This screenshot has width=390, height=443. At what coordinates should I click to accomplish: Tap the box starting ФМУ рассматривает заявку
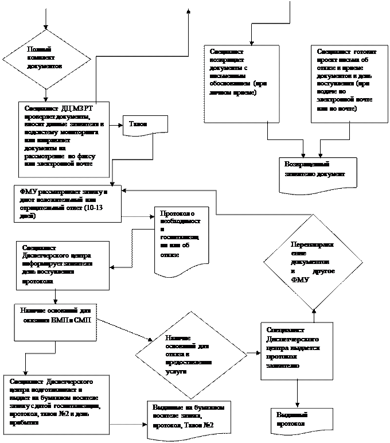68,203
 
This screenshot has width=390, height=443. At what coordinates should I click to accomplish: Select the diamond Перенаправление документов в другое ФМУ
313,261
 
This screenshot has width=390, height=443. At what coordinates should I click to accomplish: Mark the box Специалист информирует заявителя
63,265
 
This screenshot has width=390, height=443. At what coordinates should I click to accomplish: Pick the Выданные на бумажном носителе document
189,419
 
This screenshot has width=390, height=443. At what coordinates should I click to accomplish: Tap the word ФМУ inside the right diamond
300,280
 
